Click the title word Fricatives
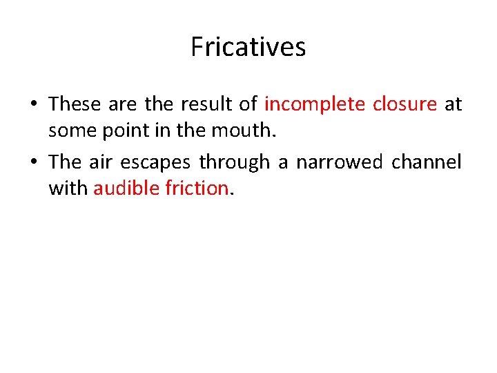pyautogui.click(x=248, y=47)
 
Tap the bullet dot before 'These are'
pyautogui.click(x=34, y=104)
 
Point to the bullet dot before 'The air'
pyautogui.click(x=34, y=162)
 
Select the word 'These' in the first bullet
pyautogui.click(x=75, y=104)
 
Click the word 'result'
pyautogui.click(x=205, y=104)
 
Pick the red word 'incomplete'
pyautogui.click(x=315, y=104)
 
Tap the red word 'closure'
pyautogui.click(x=405, y=104)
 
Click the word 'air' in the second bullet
pyautogui.click(x=101, y=162)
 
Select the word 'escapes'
pyautogui.click(x=156, y=162)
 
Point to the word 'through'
pyautogui.click(x=234, y=162)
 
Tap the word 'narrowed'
pyautogui.click(x=340, y=162)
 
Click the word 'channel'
pyautogui.click(x=427, y=162)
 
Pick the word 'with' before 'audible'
pyautogui.click(x=68, y=188)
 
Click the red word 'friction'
pyautogui.click(x=195, y=188)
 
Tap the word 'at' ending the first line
pyautogui.click(x=454, y=104)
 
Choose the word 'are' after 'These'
pyautogui.click(x=124, y=104)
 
